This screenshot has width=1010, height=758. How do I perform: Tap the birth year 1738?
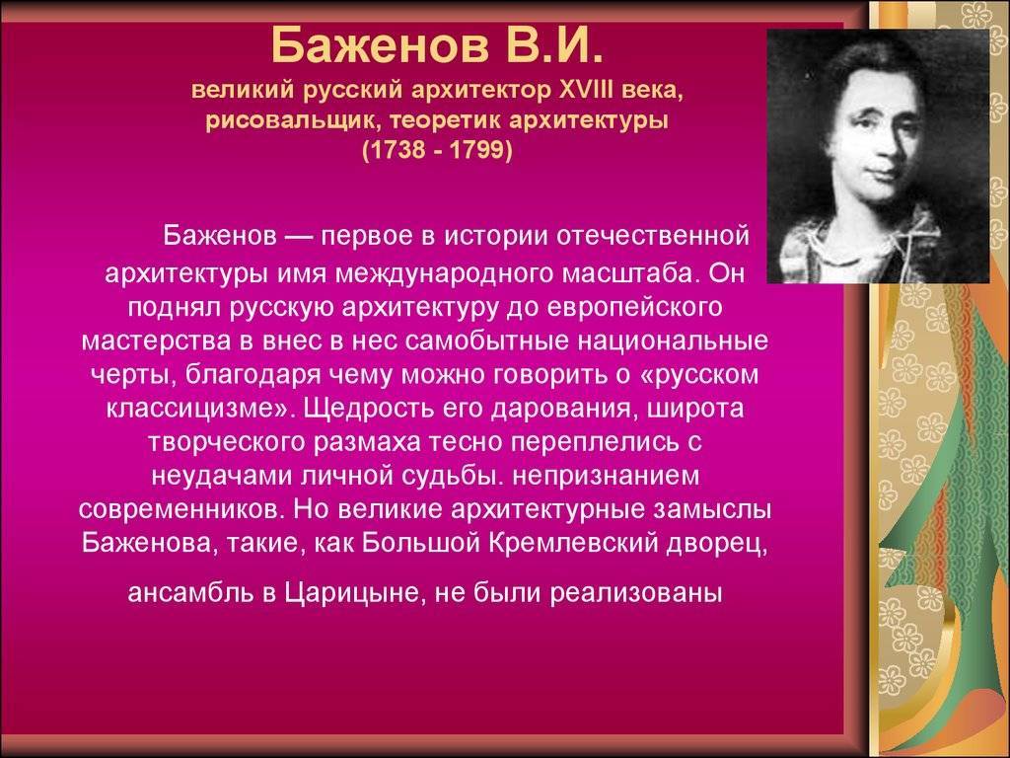396,150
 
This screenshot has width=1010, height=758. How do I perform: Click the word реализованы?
636,593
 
